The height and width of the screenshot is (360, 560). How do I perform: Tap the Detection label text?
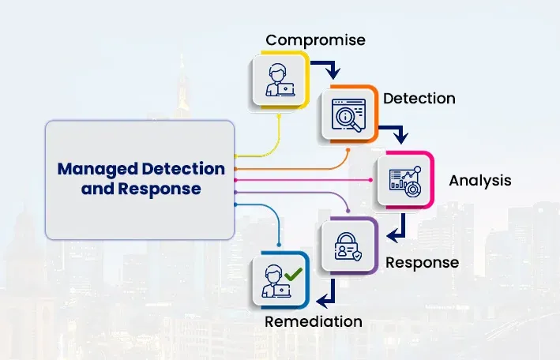tap(419, 99)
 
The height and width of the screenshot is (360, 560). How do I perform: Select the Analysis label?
tap(479, 181)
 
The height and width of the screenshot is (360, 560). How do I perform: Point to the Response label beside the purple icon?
tap(422, 262)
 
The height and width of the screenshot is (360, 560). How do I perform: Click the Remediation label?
tap(314, 321)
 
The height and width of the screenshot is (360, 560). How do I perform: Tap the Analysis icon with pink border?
tap(404, 180)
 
